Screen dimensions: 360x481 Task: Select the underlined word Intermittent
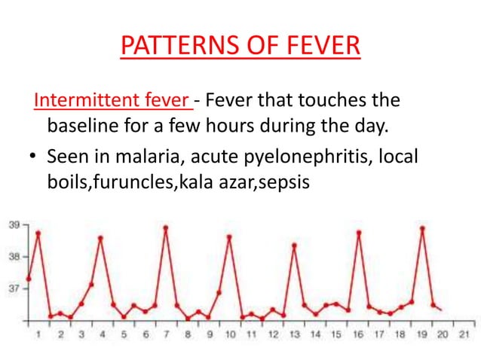pyautogui.click(x=76, y=100)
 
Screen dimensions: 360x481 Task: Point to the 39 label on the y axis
pyautogui.click(x=14, y=224)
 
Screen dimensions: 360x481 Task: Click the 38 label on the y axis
pyautogui.click(x=14, y=256)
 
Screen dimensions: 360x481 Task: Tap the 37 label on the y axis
pyautogui.click(x=14, y=288)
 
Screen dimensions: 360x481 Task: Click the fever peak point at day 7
pyautogui.click(x=166, y=227)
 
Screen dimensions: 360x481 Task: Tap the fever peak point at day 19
pyautogui.click(x=422, y=227)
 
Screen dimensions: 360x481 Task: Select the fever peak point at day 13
pyautogui.click(x=294, y=246)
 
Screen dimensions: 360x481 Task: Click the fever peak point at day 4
pyautogui.click(x=101, y=238)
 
